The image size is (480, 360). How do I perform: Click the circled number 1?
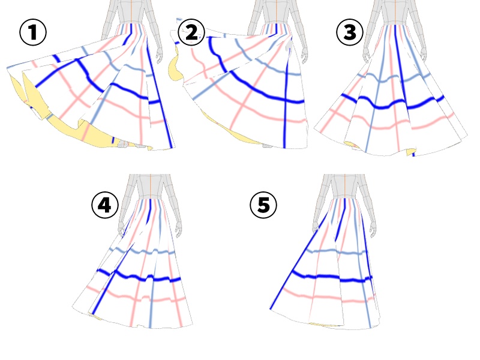(33, 33)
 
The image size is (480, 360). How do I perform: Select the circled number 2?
(191, 33)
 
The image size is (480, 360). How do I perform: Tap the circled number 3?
(349, 33)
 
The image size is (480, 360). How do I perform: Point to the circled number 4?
(104, 206)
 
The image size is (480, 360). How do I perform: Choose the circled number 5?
(263, 206)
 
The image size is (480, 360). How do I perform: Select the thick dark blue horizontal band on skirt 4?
(144, 278)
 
